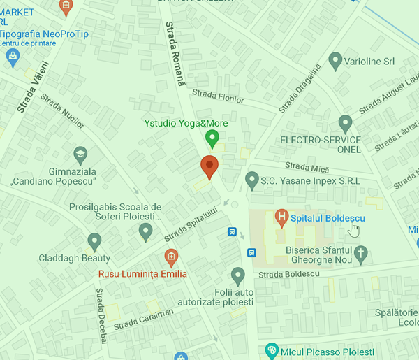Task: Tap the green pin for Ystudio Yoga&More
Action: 212,139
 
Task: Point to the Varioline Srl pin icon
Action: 335,61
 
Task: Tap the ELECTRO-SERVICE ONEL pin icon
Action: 344,124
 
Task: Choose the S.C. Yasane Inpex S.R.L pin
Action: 252,181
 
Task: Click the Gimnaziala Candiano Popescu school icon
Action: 80,154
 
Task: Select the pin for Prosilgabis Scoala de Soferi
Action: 145,231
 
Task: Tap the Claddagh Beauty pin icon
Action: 95,242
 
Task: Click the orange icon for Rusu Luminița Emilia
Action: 170,257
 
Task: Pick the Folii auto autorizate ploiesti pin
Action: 238,275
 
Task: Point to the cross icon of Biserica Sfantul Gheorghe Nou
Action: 360,255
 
